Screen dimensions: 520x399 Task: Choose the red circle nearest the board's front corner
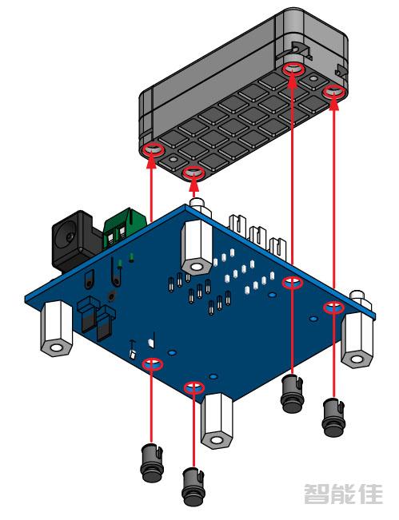193,388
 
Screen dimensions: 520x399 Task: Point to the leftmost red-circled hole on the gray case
152,150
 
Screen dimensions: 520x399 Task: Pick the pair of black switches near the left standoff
94,317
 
